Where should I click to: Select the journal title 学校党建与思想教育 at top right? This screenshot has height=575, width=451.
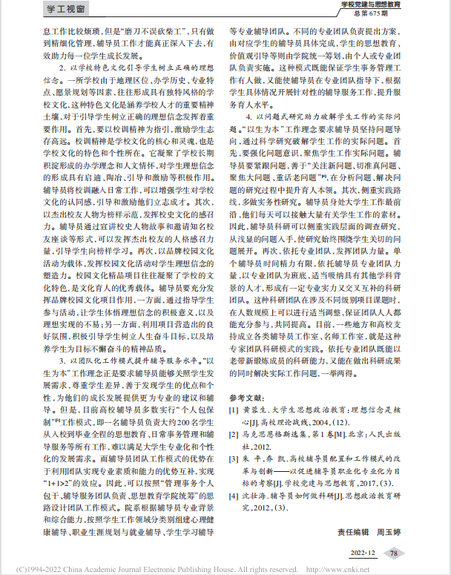coord(386,5)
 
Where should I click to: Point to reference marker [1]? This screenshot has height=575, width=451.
coord(234,410)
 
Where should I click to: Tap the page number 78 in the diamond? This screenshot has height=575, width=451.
coord(395,553)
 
